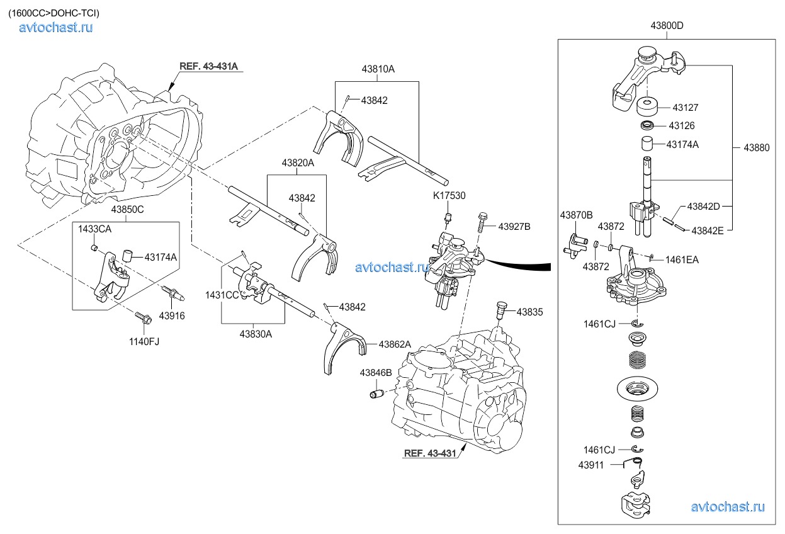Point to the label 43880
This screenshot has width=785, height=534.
click(756, 147)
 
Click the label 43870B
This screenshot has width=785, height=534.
click(576, 215)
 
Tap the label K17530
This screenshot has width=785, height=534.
click(449, 196)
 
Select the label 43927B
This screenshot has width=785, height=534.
click(514, 225)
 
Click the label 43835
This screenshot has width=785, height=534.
click(530, 312)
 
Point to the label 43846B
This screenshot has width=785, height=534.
click(376, 373)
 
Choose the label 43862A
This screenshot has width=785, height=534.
click(394, 344)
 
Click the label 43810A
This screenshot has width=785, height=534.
click(378, 69)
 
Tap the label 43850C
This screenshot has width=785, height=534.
click(128, 209)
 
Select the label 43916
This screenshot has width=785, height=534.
click(172, 315)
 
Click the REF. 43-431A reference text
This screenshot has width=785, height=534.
click(208, 66)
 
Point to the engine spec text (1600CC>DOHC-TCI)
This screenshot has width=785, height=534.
click(54, 13)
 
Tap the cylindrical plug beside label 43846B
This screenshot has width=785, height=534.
click(376, 394)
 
